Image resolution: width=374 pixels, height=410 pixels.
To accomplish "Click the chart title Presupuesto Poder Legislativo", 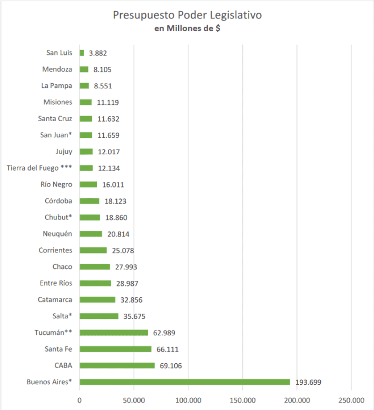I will (x=187, y=15).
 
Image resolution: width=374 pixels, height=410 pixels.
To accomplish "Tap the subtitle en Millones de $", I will (x=187, y=29).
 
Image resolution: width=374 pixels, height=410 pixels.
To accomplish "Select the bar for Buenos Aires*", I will (x=185, y=382).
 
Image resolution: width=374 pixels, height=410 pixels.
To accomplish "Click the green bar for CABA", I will (x=117, y=365).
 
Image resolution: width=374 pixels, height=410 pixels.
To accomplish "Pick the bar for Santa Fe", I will (x=115, y=349).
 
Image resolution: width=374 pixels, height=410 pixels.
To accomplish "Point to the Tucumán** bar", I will (x=114, y=332).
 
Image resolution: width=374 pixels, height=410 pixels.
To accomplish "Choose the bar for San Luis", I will (x=82, y=53).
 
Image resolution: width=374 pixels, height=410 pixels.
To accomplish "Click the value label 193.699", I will (x=308, y=382).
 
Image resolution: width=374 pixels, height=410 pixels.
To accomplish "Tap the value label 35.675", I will (x=135, y=316).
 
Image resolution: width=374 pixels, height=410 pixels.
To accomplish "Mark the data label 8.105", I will (x=102, y=70).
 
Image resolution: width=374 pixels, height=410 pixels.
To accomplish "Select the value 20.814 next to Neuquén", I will (x=118, y=234).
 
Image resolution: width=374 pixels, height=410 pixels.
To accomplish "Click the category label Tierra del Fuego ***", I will (x=40, y=168).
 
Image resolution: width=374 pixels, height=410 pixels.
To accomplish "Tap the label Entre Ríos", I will (x=56, y=283).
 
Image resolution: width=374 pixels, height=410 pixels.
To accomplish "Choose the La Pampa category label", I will (x=57, y=86).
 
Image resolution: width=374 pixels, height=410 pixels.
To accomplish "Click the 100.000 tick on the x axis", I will (x=188, y=401).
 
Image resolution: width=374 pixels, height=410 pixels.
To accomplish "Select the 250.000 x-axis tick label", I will (x=351, y=401).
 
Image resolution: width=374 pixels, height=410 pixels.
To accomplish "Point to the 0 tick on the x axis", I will (x=79, y=401).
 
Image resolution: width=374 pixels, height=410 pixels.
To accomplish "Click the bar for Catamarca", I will (x=97, y=300).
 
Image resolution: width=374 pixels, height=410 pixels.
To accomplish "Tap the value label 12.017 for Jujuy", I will (x=108, y=152).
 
